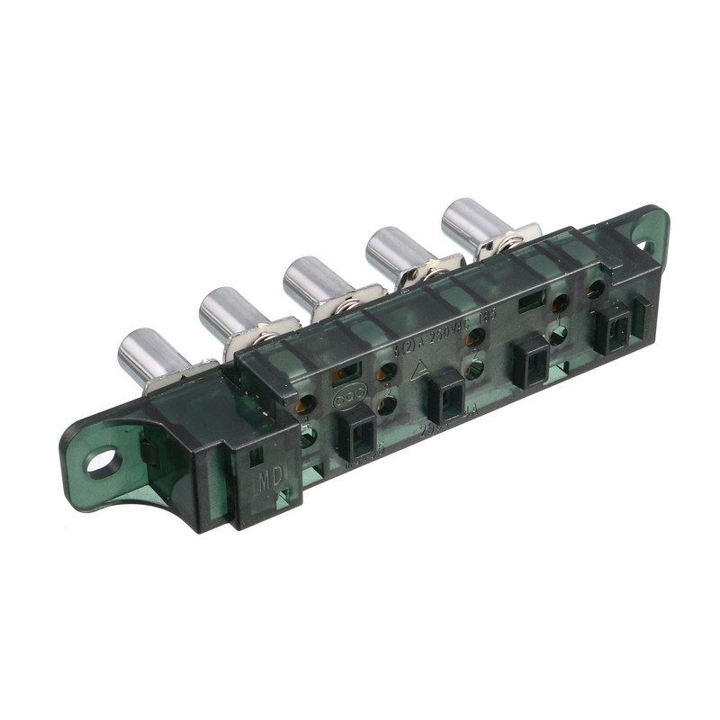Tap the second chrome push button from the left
224,310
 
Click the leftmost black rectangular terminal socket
357,432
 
